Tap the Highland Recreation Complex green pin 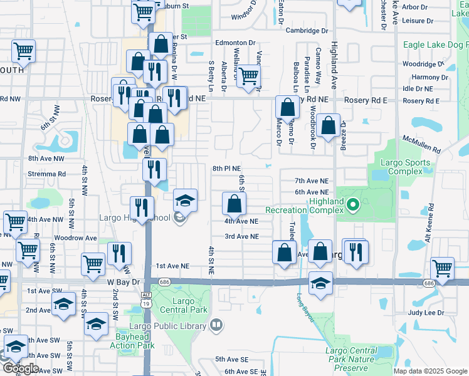pyautogui.click(x=352, y=204)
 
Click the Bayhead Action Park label pyautogui.click(x=132, y=341)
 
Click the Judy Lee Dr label pyautogui.click(x=426, y=312)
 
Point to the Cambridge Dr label pyautogui.click(x=307, y=30)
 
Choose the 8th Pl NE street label pyautogui.click(x=226, y=169)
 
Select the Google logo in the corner pyautogui.click(x=21, y=368)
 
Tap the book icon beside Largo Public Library pyautogui.click(x=216, y=325)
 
